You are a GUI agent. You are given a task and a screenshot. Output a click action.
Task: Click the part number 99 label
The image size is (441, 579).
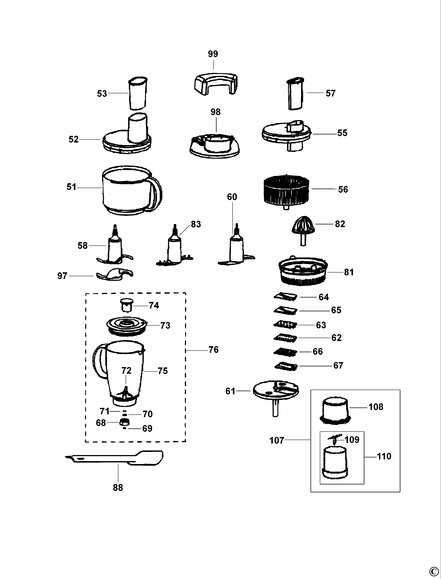coord(213,54)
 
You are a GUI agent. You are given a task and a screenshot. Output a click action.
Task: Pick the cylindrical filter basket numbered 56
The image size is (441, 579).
coord(286,191)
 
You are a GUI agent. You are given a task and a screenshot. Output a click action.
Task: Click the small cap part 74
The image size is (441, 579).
coord(126,305)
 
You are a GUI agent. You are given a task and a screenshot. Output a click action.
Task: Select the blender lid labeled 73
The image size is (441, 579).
coord(126,326)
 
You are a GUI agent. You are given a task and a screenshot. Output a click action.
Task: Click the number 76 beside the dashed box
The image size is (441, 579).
coord(213,350)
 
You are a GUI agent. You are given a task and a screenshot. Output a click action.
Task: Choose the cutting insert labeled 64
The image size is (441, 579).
coord(285,296)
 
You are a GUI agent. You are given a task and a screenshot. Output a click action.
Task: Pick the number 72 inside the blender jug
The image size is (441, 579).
coord(126,371)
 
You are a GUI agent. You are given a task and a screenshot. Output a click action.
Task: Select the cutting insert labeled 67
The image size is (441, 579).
coord(286,366)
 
